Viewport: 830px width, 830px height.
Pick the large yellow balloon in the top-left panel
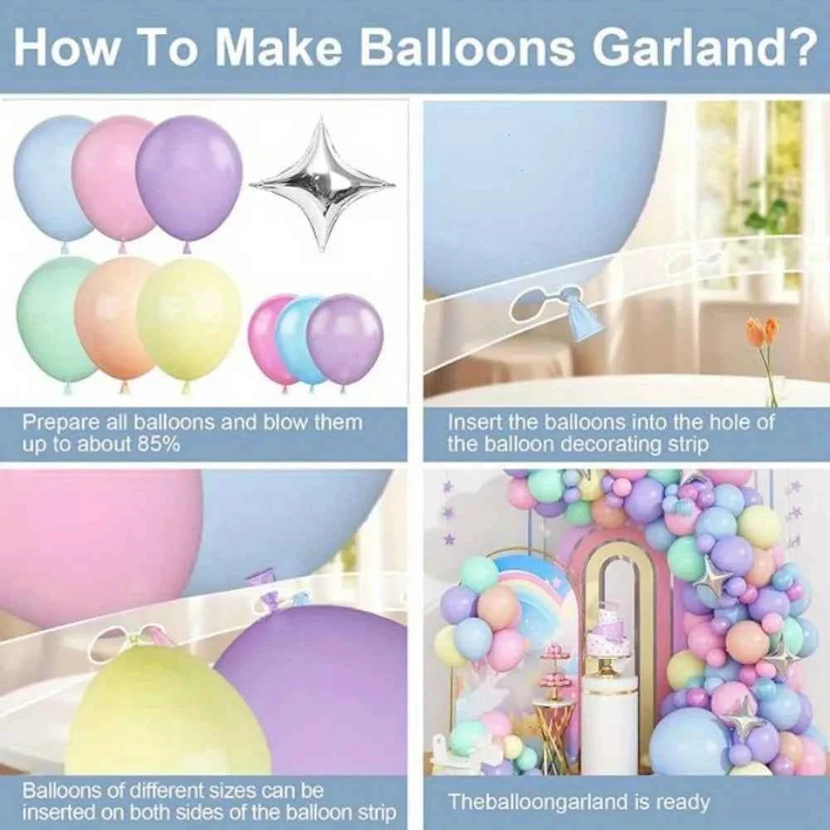click(x=189, y=320)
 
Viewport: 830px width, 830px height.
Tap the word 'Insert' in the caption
click(x=473, y=422)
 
